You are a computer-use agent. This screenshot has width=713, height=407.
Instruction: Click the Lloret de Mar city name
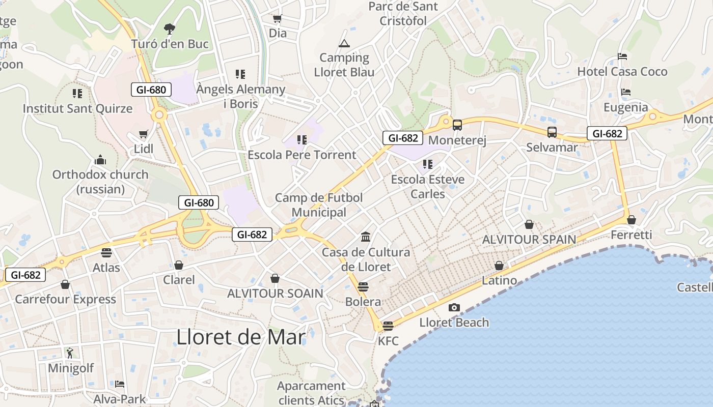(x=241, y=337)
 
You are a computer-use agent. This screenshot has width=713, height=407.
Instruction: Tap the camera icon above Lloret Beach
(x=454, y=307)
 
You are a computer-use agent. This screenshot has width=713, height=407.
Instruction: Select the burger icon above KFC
(x=388, y=326)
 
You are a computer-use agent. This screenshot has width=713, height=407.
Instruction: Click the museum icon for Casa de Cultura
(x=366, y=237)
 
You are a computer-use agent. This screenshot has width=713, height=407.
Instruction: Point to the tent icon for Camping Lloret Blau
(x=344, y=43)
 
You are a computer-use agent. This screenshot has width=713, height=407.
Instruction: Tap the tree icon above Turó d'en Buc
(x=170, y=29)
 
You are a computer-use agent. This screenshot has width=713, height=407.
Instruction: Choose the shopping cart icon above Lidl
(x=144, y=134)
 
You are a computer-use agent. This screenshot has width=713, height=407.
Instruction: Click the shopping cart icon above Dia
(x=278, y=19)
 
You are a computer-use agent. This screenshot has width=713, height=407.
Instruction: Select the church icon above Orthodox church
(x=100, y=160)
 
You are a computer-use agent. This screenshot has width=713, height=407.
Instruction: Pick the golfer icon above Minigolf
(x=70, y=353)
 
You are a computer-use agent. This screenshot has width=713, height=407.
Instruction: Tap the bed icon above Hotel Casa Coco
(x=622, y=56)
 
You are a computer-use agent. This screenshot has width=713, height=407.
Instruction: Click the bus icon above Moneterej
(x=457, y=125)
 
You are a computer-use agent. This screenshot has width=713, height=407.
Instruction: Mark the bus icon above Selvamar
(x=552, y=132)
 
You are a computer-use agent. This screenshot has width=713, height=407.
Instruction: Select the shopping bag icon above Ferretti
(x=632, y=220)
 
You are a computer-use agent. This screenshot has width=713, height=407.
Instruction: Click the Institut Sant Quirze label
(x=77, y=108)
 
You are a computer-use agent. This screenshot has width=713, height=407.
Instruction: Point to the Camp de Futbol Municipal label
(x=319, y=205)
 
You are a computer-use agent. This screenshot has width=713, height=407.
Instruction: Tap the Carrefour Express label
(x=65, y=299)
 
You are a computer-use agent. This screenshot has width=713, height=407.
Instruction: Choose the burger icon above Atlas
(x=106, y=252)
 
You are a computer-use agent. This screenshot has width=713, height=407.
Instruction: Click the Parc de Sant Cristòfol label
(x=403, y=14)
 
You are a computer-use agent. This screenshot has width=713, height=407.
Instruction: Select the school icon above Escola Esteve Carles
(x=428, y=164)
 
